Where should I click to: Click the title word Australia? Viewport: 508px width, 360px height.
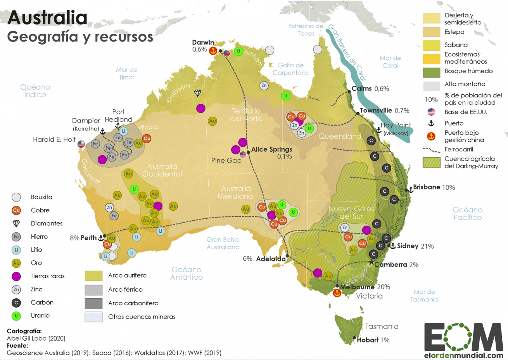47,18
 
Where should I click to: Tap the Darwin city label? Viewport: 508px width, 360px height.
203,42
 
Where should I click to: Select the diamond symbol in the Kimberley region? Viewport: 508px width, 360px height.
198,93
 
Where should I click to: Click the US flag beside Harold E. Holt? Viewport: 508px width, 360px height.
81,144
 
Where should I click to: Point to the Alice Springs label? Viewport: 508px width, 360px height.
271,149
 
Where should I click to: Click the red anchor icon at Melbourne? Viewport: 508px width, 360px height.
337,294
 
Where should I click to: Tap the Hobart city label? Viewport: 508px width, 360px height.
367,340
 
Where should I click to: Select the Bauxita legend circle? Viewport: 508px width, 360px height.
16,197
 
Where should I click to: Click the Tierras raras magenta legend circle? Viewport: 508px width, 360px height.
16,276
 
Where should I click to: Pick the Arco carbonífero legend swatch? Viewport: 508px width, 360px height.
93,303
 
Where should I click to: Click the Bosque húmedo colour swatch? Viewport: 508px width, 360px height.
431,72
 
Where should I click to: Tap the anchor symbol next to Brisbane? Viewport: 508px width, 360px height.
410,190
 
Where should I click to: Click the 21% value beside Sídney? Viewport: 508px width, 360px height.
427,246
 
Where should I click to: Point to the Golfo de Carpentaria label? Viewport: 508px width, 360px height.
290,69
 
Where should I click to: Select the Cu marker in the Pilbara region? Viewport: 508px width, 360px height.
147,138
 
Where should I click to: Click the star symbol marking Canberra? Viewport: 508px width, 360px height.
371,263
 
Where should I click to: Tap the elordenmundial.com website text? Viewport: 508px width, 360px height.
463,355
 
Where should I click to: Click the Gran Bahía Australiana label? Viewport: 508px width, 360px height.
223,243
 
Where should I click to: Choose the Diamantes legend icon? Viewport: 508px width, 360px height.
16,223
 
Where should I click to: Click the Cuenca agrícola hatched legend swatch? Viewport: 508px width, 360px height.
431,162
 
